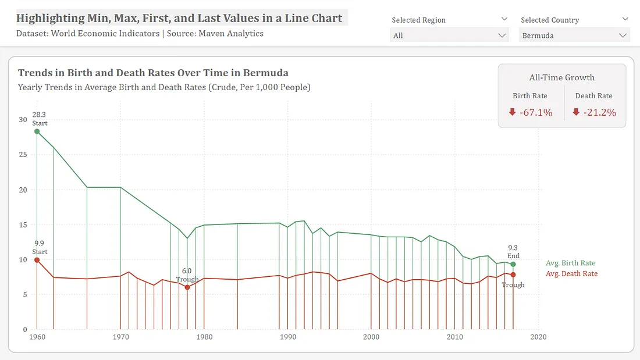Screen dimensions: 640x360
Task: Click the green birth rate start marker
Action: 37,131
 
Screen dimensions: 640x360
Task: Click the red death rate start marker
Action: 37,260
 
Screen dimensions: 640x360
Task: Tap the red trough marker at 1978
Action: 187,287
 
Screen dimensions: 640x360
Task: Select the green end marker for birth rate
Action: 513,264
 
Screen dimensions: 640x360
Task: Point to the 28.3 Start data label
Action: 40,119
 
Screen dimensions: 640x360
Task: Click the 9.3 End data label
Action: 513,252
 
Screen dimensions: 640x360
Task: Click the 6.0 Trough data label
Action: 187,275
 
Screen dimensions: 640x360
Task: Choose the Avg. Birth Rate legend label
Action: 570,263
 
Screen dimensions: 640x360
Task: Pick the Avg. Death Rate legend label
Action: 571,274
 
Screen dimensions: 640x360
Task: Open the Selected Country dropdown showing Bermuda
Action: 574,35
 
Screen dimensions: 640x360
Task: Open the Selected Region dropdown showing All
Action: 449,35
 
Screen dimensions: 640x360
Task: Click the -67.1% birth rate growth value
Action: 536,113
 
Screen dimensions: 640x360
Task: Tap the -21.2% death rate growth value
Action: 600,113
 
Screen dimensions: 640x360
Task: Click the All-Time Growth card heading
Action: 561,77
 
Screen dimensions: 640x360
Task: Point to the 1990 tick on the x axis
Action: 288,337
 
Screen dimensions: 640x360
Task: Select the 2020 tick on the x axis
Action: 538,337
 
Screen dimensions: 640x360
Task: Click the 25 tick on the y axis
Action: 23,155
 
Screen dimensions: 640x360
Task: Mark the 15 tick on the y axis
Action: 23,225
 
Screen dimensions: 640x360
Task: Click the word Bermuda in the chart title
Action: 266,73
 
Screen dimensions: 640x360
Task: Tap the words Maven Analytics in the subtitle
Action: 231,34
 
